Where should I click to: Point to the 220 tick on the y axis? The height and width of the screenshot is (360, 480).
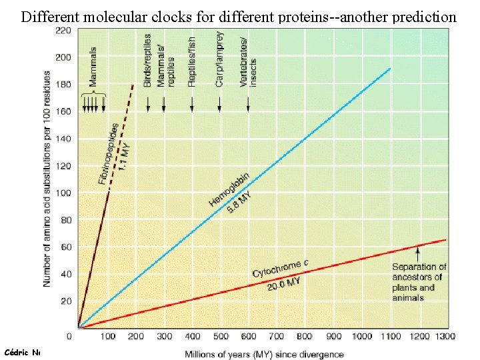(63, 31)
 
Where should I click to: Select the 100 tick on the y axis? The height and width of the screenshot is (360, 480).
(63, 193)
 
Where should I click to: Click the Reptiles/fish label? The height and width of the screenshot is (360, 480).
(192, 62)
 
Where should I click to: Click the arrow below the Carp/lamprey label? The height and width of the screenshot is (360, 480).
(220, 103)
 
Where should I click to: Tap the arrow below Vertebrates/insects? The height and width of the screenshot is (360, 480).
(249, 103)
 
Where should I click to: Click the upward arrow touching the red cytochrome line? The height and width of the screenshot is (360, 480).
(418, 253)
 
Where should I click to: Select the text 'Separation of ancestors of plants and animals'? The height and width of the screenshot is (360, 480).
(418, 282)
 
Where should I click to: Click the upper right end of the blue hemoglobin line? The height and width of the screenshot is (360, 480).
(389, 69)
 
